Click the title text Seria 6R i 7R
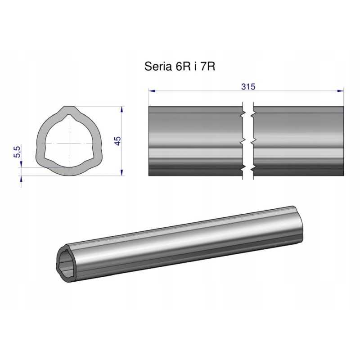[x=180, y=67]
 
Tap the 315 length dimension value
[x=248, y=86]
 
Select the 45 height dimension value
[x=117, y=141]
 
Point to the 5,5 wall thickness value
[x=17, y=151]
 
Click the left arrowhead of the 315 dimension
[x=152, y=91]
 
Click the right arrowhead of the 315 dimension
[x=341, y=91]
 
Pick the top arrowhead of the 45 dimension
[x=122, y=109]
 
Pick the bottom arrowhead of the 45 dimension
[x=122, y=173]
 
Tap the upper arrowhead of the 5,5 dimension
[x=21, y=164]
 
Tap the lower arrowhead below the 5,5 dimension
[x=21, y=179]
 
